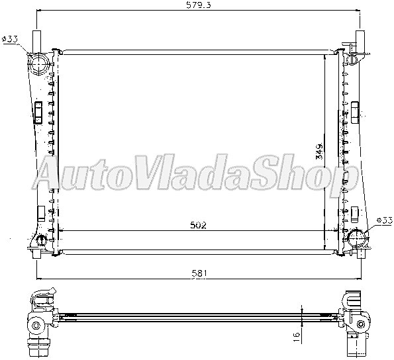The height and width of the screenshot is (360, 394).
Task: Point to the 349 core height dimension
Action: pos(319,152)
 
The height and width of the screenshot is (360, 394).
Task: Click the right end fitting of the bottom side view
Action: pos(356,322)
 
